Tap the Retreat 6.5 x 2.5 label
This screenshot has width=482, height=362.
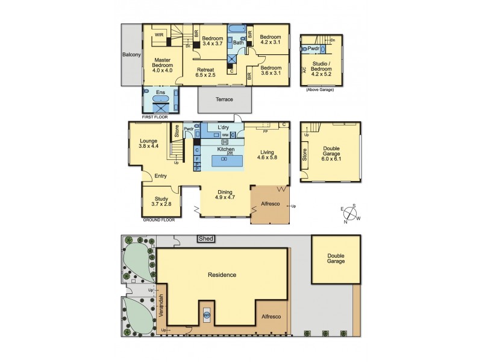click(206, 72)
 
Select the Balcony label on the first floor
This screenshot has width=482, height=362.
click(131, 55)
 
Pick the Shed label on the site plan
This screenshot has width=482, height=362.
click(206, 239)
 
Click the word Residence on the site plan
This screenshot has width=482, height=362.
click(222, 275)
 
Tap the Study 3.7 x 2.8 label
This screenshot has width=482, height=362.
click(161, 202)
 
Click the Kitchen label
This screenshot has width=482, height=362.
click(218, 148)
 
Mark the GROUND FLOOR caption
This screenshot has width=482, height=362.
click(158, 220)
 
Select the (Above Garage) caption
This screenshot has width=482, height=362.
click(321, 89)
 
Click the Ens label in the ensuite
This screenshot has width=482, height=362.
click(160, 92)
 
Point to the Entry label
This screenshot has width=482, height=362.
click(160, 176)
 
